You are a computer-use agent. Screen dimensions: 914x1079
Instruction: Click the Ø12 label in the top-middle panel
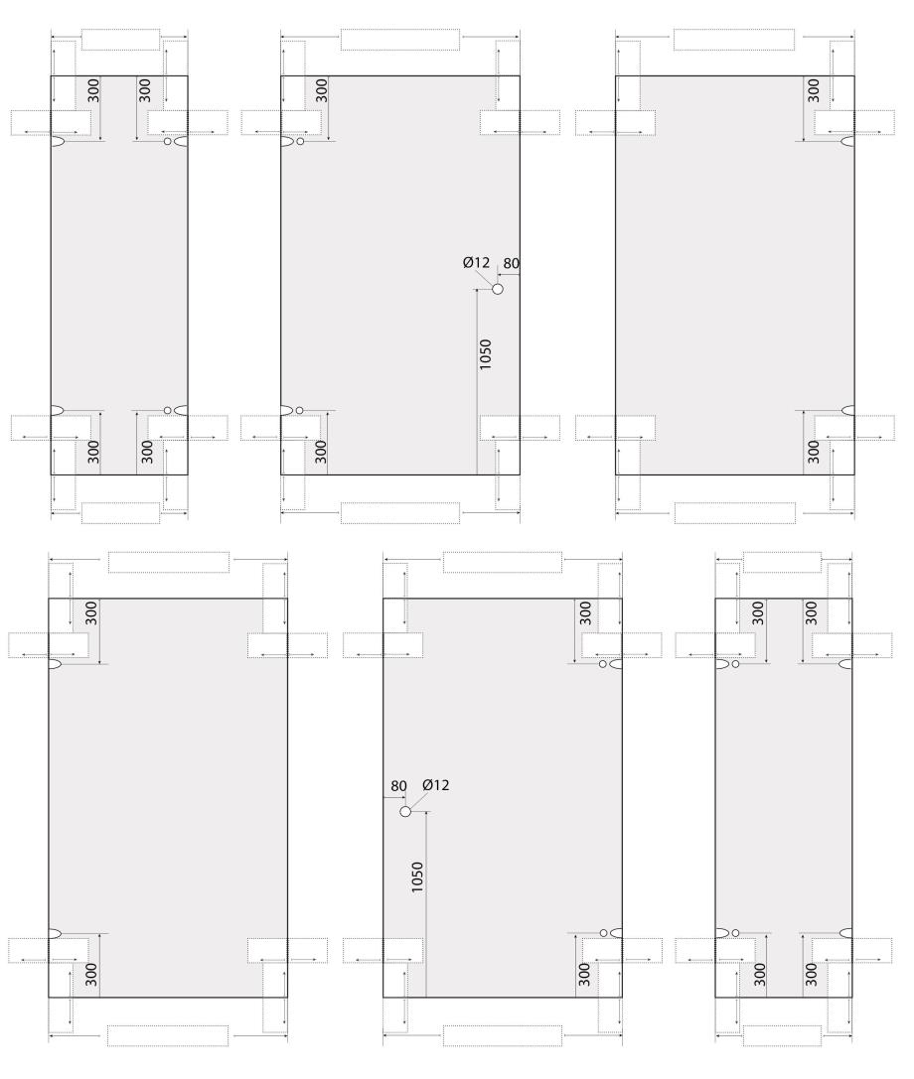pyautogui.click(x=476, y=262)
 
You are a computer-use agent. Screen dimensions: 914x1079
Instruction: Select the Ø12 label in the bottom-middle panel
pyautogui.click(x=435, y=784)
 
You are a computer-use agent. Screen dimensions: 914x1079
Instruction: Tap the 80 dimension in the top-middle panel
pyautogui.click(x=511, y=264)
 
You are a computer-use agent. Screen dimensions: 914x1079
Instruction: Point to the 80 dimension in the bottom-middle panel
pyautogui.click(x=398, y=786)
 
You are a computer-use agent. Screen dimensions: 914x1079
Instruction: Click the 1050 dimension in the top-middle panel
pyautogui.click(x=486, y=354)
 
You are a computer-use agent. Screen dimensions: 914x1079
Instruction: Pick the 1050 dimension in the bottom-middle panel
pyautogui.click(x=417, y=877)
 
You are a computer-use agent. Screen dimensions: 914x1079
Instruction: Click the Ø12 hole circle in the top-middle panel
pyautogui.click(x=498, y=289)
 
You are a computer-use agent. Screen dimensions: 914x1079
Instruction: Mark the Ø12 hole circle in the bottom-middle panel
pyautogui.click(x=405, y=812)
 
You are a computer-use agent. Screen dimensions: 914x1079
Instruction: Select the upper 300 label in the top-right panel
pyautogui.click(x=814, y=91)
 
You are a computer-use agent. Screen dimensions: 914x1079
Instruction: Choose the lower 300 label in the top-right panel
pyautogui.click(x=814, y=452)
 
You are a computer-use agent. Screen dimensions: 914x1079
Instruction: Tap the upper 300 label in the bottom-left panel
pyautogui.click(x=91, y=613)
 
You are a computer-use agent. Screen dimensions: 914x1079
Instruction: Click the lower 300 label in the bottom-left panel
pyautogui.click(x=91, y=975)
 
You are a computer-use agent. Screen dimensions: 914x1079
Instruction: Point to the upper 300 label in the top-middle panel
pyautogui.click(x=321, y=91)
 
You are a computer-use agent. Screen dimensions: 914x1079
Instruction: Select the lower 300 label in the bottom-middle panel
pyautogui.click(x=585, y=975)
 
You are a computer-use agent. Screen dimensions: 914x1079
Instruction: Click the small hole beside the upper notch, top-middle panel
pyautogui.click(x=300, y=142)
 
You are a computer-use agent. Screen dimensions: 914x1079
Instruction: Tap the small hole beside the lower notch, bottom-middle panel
pyautogui.click(x=603, y=933)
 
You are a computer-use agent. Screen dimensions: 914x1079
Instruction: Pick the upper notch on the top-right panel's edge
pyautogui.click(x=847, y=142)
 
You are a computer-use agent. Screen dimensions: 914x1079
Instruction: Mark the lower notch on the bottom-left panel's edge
pyautogui.click(x=55, y=934)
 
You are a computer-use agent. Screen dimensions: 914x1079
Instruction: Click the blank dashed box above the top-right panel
pyautogui.click(x=733, y=40)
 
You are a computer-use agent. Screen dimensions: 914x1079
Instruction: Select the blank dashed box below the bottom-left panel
pyautogui.click(x=168, y=1035)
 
